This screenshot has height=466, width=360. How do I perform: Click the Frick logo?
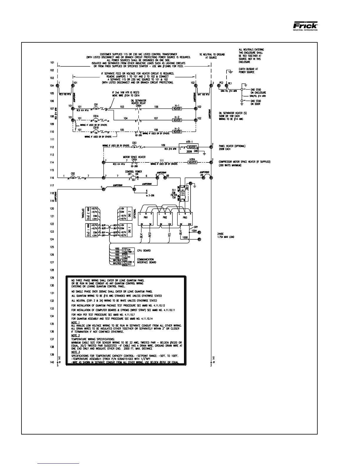click(305, 26)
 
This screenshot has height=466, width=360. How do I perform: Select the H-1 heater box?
click(177, 109)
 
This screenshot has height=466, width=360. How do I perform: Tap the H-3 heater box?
click(177, 132)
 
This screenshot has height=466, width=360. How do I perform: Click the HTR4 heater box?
click(192, 162)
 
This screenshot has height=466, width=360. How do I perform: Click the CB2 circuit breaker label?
click(73, 174)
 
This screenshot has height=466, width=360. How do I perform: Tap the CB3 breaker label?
click(134, 143)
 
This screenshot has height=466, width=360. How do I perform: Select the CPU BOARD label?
click(144, 251)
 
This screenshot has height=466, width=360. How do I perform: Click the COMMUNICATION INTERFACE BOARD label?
click(146, 261)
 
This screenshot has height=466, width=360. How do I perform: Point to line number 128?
click(52, 270)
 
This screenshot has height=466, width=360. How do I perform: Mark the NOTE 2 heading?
click(76, 335)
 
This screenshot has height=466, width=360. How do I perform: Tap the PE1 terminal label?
click(230, 83)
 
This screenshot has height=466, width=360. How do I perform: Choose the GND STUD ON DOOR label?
click(256, 102)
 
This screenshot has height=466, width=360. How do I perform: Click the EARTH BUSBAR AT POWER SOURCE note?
click(246, 71)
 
